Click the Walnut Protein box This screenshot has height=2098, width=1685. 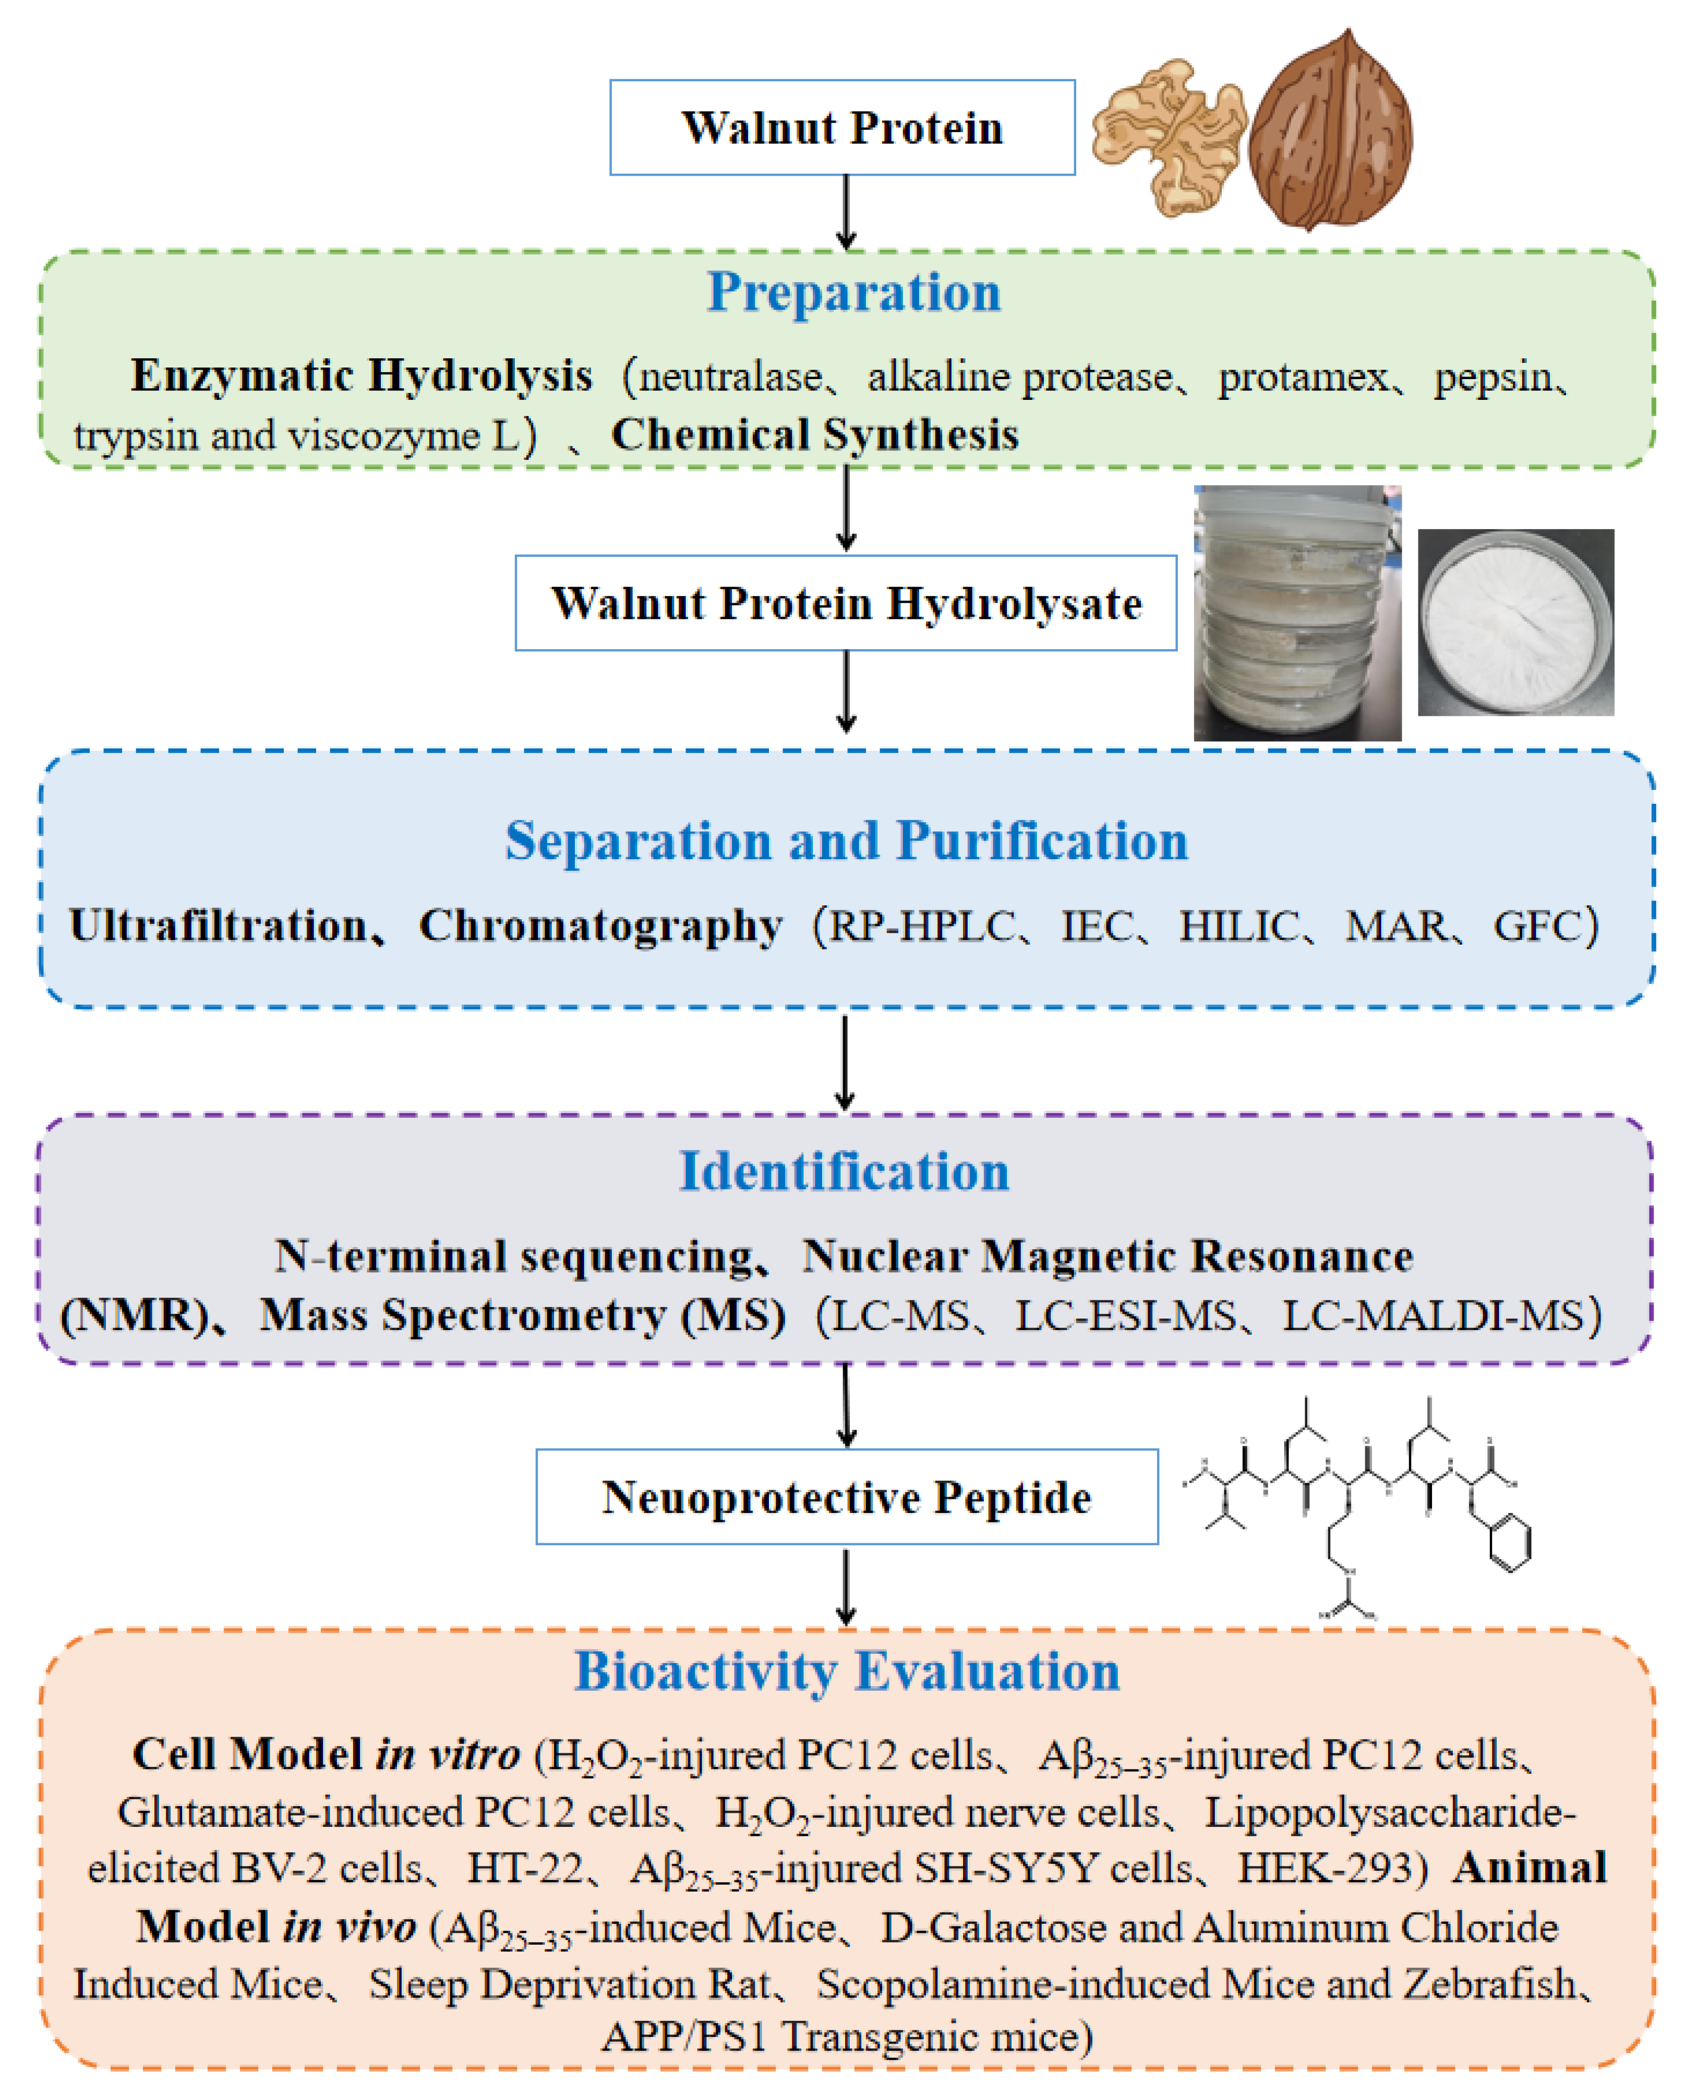842,128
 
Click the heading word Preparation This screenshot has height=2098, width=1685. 853,292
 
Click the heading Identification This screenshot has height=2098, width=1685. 844,1172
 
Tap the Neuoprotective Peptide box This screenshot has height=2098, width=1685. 846,1497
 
